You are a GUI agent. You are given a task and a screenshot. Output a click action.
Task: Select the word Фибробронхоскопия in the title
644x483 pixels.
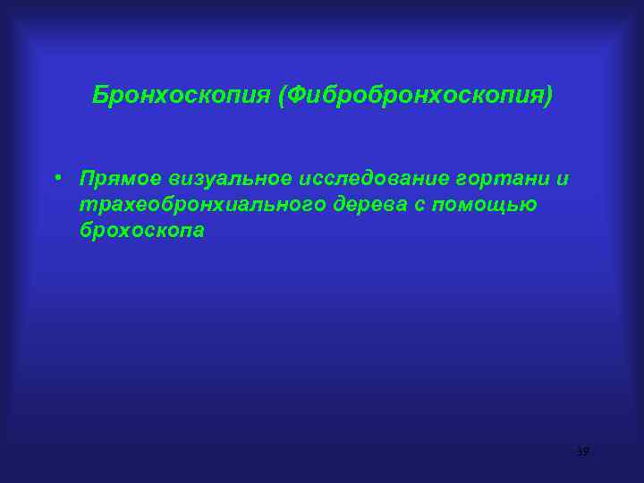(x=415, y=94)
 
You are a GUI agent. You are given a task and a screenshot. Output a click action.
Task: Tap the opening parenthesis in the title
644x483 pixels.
(x=282, y=94)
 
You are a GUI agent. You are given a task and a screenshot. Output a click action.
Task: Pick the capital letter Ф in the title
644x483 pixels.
(x=295, y=94)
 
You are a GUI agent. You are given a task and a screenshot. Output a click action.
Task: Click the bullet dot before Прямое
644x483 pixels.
(x=56, y=177)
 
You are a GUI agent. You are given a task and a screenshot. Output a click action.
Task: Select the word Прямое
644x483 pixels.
(x=120, y=179)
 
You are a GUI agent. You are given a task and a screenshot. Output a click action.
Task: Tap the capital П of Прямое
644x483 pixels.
(x=87, y=178)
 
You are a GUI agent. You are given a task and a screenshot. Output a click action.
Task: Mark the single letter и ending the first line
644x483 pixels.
(x=563, y=179)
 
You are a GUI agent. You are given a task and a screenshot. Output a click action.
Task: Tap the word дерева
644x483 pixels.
(x=367, y=205)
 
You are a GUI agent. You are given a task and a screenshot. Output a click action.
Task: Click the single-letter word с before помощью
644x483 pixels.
(x=419, y=205)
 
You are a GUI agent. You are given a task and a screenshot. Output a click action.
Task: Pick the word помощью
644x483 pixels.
(x=485, y=205)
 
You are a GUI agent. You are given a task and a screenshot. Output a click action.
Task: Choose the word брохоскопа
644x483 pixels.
(x=141, y=230)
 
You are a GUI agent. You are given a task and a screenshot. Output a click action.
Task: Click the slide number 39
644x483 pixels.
(x=582, y=452)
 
